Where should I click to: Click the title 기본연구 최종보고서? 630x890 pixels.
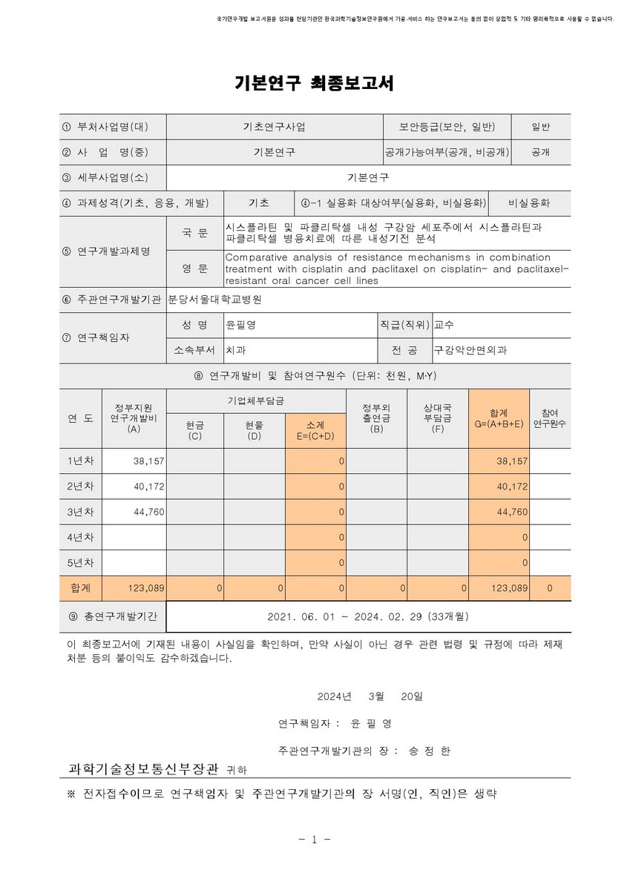(314, 84)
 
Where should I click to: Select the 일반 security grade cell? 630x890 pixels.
(540, 127)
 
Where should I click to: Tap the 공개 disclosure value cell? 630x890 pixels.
(540, 152)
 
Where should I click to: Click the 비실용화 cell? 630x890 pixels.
(529, 203)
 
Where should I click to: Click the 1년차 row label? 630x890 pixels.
(81, 461)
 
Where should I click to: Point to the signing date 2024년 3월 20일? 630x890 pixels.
(370, 696)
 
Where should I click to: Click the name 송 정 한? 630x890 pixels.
(429, 751)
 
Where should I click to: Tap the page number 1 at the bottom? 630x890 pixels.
(315, 840)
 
